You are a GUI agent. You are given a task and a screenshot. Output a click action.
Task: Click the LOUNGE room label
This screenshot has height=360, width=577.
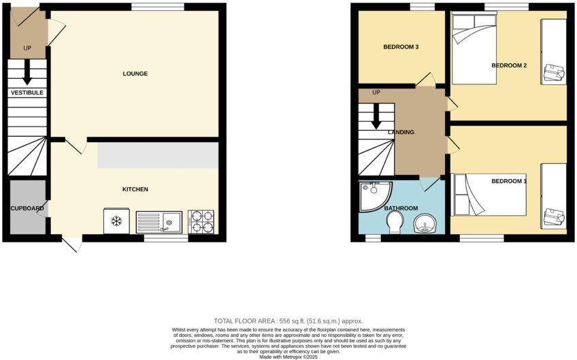point(135,73)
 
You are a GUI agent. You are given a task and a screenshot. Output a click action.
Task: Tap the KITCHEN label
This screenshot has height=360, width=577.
point(135,189)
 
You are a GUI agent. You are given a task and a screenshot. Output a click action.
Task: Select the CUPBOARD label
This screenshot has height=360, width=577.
point(27,208)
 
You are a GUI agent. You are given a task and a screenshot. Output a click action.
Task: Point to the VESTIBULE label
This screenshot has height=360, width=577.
point(27,92)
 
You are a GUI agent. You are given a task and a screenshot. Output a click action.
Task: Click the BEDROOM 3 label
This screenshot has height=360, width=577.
point(400,47)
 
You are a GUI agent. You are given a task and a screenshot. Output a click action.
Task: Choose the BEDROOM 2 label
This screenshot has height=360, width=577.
point(509,65)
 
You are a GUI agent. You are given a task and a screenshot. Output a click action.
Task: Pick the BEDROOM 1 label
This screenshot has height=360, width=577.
point(509,181)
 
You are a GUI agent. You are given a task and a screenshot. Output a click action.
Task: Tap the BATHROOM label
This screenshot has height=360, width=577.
point(401,208)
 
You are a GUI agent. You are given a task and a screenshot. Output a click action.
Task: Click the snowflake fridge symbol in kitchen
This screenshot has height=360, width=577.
point(116,221)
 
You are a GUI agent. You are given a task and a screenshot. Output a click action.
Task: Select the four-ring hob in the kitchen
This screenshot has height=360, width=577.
point(201,221)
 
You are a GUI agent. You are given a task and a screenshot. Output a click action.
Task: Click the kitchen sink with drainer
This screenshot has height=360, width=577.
point(159,221)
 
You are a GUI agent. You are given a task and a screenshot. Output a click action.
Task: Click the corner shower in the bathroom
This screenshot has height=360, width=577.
point(374,195)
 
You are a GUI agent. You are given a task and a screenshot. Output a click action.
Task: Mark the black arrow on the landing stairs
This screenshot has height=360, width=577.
point(376,116)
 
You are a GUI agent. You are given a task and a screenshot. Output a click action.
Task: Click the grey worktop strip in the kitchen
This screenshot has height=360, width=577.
point(158,155)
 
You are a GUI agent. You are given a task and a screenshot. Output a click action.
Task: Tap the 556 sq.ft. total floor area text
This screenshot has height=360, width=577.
point(288,321)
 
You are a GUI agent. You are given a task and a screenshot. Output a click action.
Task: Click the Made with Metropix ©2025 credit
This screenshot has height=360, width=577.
point(288,357)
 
